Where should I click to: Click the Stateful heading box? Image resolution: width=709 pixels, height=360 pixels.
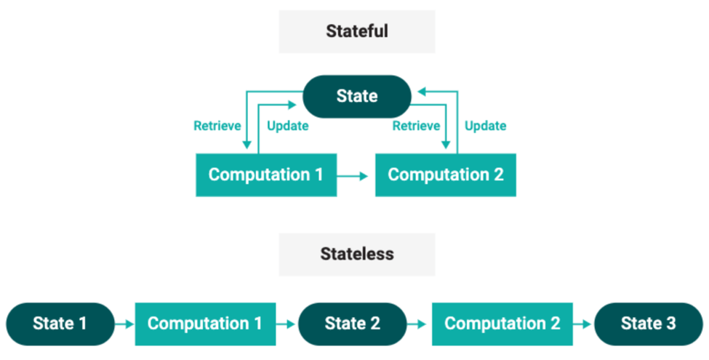coord(357,32)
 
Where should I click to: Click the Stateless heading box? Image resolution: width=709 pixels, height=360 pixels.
coord(357,254)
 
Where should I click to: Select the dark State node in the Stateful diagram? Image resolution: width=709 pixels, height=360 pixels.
coord(357,96)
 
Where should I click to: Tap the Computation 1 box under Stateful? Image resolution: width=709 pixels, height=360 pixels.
coord(266,175)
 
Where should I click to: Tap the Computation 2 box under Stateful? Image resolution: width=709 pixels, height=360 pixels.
coord(445,175)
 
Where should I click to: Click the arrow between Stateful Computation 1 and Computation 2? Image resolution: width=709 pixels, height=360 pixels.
coord(353,176)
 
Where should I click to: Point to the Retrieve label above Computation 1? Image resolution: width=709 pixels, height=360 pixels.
coord(217,126)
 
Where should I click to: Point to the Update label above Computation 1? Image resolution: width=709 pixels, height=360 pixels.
coord(287,126)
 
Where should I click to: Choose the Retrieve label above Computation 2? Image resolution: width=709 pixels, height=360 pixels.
coord(416,126)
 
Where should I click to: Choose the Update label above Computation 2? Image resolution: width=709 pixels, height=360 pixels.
coord(485,126)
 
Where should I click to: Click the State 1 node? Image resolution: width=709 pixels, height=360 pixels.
coord(60,324)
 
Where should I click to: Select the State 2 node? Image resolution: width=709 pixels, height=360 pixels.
coord(352,324)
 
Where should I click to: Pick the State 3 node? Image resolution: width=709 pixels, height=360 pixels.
coord(649,324)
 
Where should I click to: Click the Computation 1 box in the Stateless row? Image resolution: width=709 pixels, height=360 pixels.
coord(205,324)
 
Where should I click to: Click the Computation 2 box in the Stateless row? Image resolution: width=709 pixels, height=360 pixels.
coord(502,324)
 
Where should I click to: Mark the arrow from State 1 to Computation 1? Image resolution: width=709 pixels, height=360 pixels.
coord(125,324)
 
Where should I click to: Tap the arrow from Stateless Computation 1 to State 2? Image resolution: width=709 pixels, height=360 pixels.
coord(286,324)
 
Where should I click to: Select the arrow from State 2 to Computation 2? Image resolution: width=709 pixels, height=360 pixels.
coord(417,324)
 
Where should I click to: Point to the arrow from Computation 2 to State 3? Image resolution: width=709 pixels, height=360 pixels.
coord(582,324)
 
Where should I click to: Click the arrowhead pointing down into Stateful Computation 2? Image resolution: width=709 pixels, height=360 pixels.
coord(446,144)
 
